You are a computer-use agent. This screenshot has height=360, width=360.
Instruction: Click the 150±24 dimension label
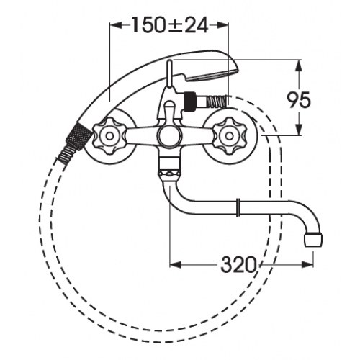[x=170, y=25]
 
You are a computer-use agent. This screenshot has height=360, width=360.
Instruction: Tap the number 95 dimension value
[x=299, y=100]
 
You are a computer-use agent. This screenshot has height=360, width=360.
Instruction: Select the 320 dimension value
[x=238, y=265]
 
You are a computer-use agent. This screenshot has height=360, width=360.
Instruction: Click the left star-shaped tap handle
[x=109, y=136]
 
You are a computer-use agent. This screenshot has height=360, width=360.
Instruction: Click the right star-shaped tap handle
[x=230, y=136]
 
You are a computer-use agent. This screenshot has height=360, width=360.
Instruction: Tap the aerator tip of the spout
[x=313, y=240]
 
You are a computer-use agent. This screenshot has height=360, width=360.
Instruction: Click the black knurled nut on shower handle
[x=78, y=138]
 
